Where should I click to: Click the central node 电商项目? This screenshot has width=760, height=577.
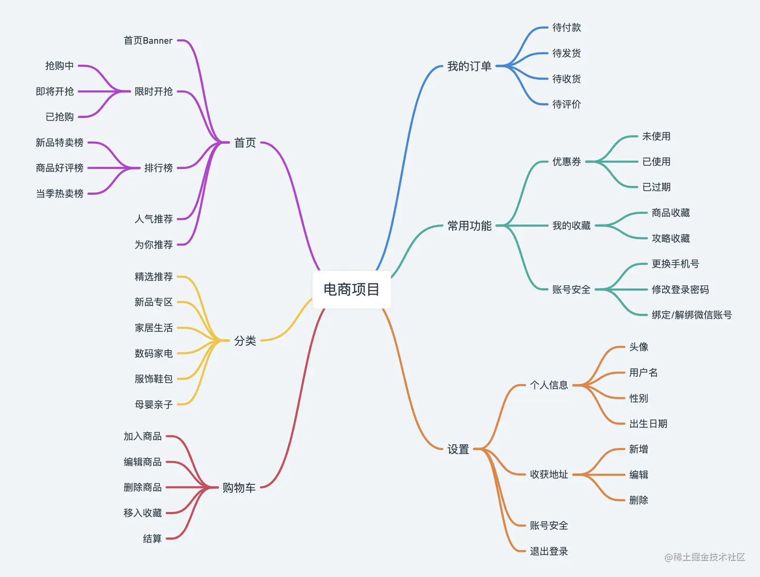pyautogui.click(x=351, y=289)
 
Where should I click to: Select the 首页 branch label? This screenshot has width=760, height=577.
pyautogui.click(x=245, y=143)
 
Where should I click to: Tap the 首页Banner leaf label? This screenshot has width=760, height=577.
pyautogui.click(x=148, y=41)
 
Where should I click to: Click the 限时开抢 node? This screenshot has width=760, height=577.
pyautogui.click(x=153, y=91)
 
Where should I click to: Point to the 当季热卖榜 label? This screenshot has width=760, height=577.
pyautogui.click(x=59, y=193)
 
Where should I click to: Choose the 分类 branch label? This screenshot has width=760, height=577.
pyautogui.click(x=245, y=341)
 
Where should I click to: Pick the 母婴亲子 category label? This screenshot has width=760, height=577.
pyautogui.click(x=153, y=404)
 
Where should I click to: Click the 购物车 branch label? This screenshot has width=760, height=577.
pyautogui.click(x=239, y=488)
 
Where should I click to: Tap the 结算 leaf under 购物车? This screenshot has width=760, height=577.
pyautogui.click(x=152, y=539)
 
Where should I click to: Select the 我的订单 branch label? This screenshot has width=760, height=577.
pyautogui.click(x=469, y=66)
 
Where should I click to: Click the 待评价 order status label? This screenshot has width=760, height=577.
pyautogui.click(x=566, y=104)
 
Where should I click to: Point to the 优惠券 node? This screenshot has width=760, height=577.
pyautogui.click(x=566, y=162)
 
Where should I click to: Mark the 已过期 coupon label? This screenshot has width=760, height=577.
pyautogui.click(x=656, y=187)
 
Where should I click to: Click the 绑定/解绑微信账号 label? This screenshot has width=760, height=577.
pyautogui.click(x=692, y=315)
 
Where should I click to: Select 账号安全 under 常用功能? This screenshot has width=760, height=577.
pyautogui.click(x=571, y=289)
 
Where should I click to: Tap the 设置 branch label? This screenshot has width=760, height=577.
pyautogui.click(x=458, y=449)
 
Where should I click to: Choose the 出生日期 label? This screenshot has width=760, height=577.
pyautogui.click(x=648, y=424)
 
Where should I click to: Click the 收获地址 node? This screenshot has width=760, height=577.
pyautogui.click(x=549, y=475)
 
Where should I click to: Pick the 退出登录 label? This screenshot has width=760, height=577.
pyautogui.click(x=549, y=551)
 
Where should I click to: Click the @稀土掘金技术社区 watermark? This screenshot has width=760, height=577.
pyautogui.click(x=705, y=557)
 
